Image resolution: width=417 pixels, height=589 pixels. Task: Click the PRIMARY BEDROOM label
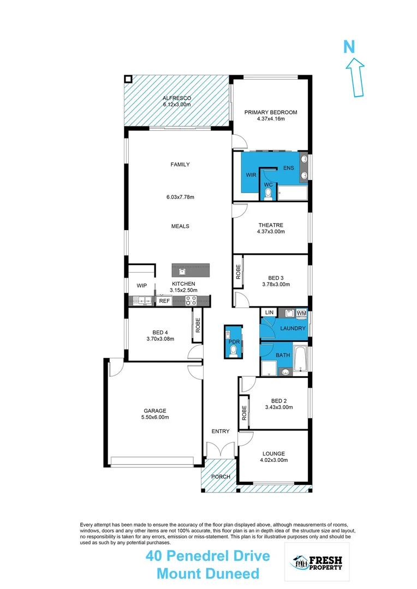click(x=271, y=112)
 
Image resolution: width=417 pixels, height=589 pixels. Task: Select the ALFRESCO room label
click(x=176, y=98)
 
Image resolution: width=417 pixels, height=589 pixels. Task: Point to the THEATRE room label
click(x=271, y=225)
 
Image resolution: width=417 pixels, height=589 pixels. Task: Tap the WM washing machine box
click(x=301, y=313)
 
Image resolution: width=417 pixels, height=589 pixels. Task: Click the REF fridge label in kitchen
click(x=164, y=300)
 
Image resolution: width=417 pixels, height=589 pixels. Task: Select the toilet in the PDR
click(x=233, y=351)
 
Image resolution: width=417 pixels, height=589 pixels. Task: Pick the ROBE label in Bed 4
click(x=198, y=326)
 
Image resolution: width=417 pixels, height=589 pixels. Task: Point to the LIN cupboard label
click(x=269, y=312)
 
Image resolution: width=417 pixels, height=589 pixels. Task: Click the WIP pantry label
click(x=142, y=286)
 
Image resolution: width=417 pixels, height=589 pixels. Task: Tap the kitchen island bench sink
click(x=182, y=270)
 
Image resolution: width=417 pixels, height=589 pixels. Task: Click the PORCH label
click(x=221, y=477)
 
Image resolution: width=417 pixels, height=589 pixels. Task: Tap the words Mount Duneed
click(x=207, y=574)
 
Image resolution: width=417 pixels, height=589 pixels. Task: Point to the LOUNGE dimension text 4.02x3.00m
click(x=273, y=460)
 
